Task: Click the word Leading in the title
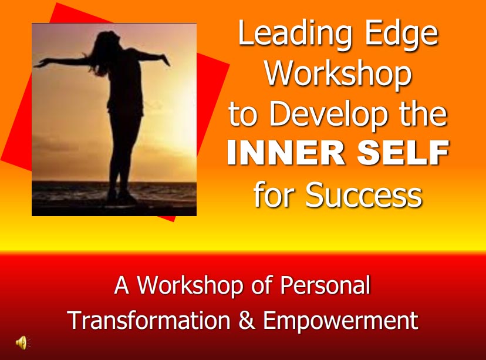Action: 295,35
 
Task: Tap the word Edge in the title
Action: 401,35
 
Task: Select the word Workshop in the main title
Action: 338,75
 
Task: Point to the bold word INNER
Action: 286,153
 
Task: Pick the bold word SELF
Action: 403,153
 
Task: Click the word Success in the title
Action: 363,195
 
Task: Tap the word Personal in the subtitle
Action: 325,285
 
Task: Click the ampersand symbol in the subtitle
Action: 247,320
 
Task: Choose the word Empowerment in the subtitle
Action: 340,321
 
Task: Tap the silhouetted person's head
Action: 107,39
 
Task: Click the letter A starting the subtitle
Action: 122,285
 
